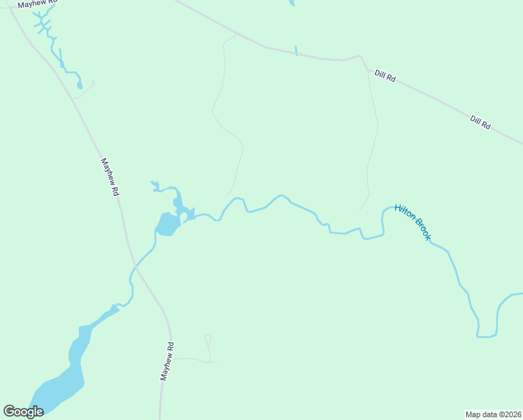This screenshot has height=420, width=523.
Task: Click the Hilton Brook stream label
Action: pyautogui.click(x=413, y=222)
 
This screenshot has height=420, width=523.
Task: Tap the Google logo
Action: pyautogui.click(x=23, y=412)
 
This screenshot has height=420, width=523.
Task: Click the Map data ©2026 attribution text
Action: pyautogui.click(x=493, y=414)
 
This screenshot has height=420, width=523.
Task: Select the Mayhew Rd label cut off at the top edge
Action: pyautogui.click(x=36, y=4)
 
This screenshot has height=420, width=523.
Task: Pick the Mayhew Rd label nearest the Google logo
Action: pyautogui.click(x=166, y=360)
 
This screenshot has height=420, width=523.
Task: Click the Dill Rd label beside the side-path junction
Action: pyautogui.click(x=385, y=76)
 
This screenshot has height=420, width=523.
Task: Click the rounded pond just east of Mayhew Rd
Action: pyautogui.click(x=168, y=224)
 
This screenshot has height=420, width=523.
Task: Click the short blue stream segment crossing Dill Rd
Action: pyautogui.click(x=296, y=50)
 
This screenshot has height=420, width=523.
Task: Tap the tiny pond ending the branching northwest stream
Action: pyautogui.click(x=80, y=85)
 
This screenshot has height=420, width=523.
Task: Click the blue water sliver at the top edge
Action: pyautogui.click(x=292, y=3)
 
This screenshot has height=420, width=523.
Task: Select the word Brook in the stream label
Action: pyautogui.click(x=422, y=230)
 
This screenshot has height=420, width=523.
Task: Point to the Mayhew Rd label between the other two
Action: pyautogui.click(x=110, y=176)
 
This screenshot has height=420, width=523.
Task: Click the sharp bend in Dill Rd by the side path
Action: pyautogui.click(x=359, y=57)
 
